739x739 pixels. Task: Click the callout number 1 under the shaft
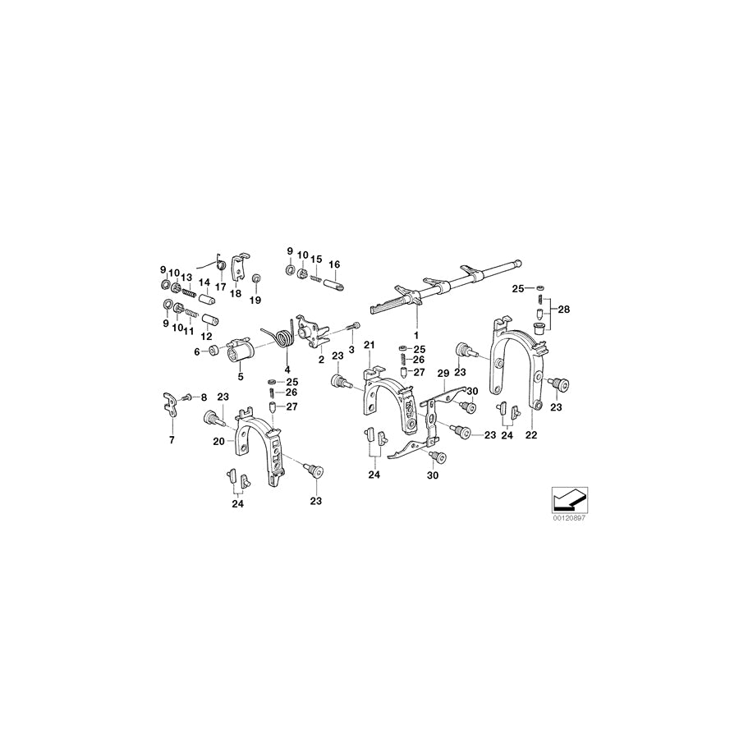tap(415, 336)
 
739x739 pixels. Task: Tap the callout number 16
tap(334, 264)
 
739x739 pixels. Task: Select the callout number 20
tap(218, 441)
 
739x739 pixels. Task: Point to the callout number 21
tap(369, 343)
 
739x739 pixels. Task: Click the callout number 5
tap(241, 377)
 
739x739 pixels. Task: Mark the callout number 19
tap(255, 301)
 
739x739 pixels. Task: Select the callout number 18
tap(236, 292)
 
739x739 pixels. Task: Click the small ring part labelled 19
tap(255, 279)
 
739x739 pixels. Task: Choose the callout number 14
tap(204, 282)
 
